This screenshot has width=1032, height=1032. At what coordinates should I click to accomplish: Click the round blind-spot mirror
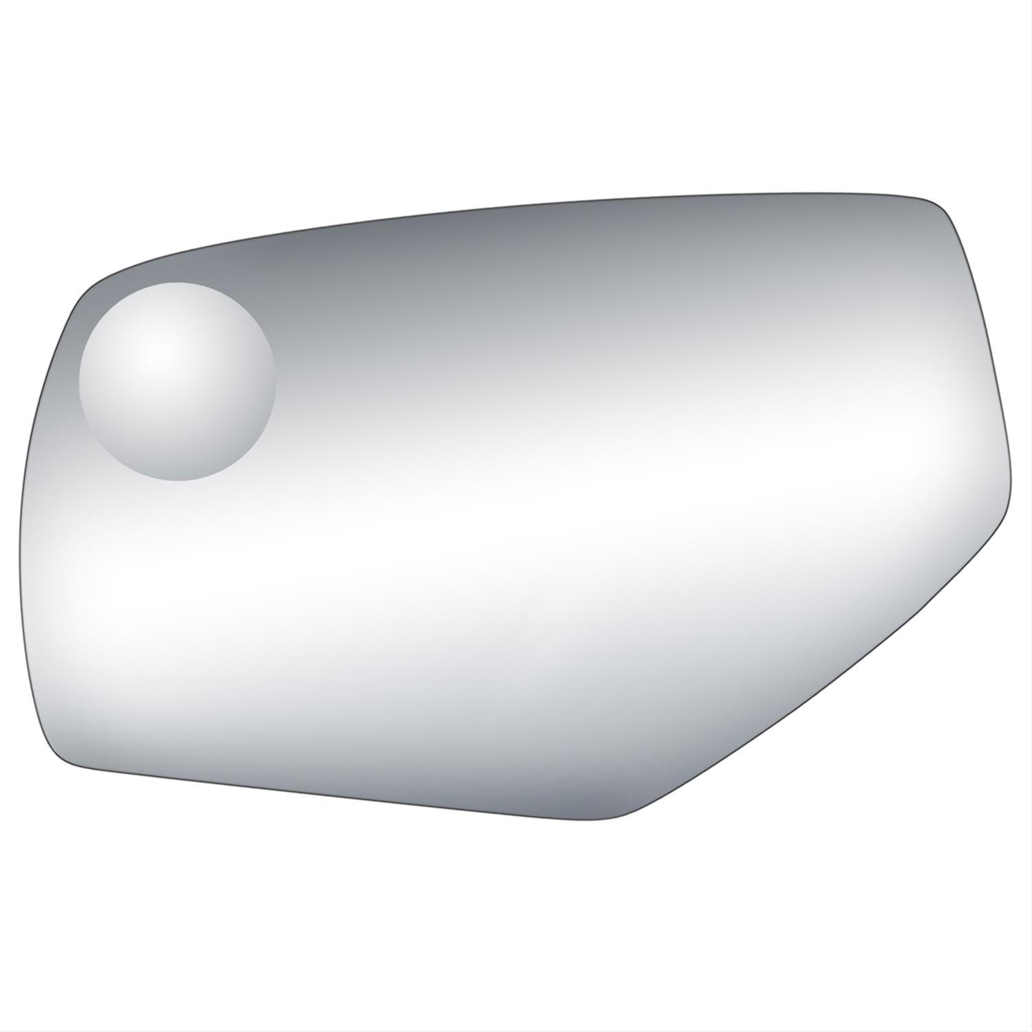[x=177, y=381]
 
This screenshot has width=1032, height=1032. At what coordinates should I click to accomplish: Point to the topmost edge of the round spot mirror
[x=177, y=283]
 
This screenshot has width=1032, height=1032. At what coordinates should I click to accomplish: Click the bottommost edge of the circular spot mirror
[x=177, y=480]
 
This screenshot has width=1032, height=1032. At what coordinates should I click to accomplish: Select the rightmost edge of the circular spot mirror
[x=275, y=381]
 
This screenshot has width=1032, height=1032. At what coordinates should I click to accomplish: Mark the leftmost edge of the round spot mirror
[x=79, y=381]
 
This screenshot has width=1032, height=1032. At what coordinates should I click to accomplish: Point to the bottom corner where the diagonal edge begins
[x=619, y=819]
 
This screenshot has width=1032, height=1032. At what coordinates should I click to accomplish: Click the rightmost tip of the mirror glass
[x=1011, y=482]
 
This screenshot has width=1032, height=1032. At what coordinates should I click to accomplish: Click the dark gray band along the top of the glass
[x=516, y=241]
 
